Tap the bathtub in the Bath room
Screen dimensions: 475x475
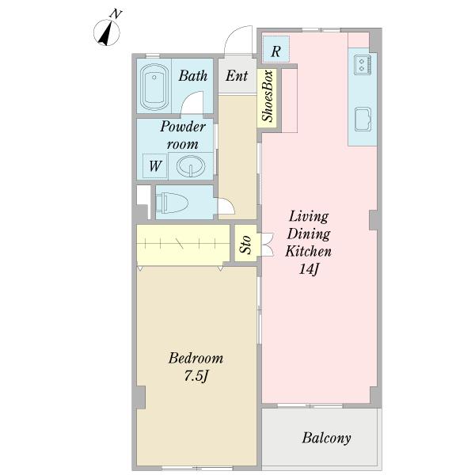point(154,87)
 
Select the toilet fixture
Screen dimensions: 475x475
point(172,203)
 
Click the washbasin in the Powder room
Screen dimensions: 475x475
point(191,165)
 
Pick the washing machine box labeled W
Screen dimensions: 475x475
point(155,166)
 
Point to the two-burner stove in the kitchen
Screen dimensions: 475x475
point(363,65)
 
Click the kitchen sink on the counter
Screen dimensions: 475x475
point(363,119)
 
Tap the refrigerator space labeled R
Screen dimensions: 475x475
point(275,49)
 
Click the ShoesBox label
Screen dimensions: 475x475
point(268,97)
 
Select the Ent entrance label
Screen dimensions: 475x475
point(237,75)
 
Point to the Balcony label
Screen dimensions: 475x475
point(326,438)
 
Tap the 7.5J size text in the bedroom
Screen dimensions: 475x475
point(196,376)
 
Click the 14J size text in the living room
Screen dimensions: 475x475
point(308,268)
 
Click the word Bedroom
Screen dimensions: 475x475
point(196,358)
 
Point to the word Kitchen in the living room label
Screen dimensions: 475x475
point(308,251)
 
